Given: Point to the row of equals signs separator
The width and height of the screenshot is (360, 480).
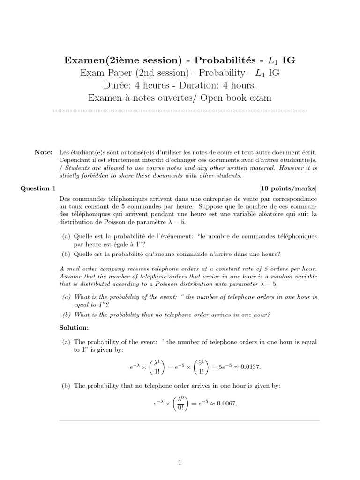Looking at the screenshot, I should [x=180, y=112].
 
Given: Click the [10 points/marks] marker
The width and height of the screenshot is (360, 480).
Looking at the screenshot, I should [x=288, y=188].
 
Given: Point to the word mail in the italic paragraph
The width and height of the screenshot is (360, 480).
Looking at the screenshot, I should [x=73, y=269].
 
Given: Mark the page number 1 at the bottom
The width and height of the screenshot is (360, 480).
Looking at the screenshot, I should [x=180, y=463].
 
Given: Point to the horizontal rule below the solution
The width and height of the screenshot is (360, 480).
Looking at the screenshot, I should [x=189, y=420].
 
